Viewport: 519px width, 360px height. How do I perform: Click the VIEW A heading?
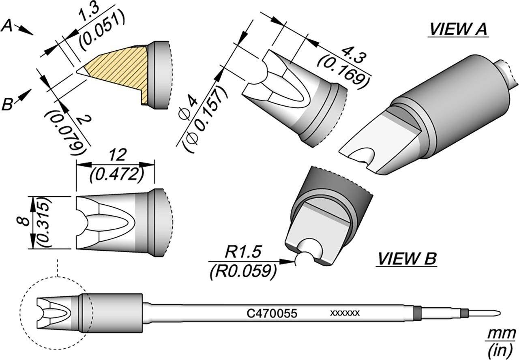coord(459,30)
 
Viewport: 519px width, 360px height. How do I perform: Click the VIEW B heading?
coord(406,258)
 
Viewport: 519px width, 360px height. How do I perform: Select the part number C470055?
coord(272,313)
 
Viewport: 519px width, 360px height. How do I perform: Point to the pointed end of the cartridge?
coord(500,313)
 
